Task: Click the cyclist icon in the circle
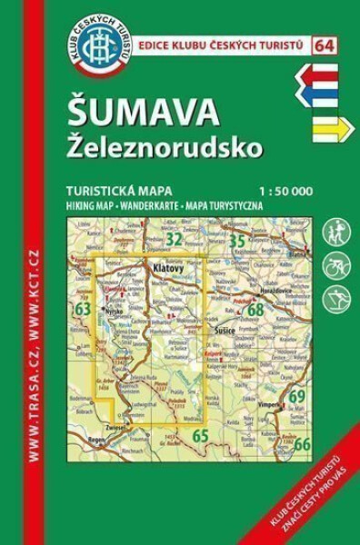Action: tap(336, 265)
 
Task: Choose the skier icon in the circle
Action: tap(336, 299)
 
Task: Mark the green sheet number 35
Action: tap(238, 241)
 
